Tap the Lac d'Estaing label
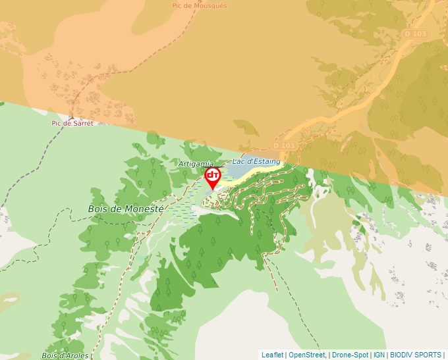256,161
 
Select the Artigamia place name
196,163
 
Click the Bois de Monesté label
126,209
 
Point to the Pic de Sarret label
72,123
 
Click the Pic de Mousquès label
199,5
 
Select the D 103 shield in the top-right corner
416,34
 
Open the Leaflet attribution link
272,355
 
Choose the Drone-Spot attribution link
350,355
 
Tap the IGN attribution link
379,355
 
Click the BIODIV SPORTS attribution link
416,355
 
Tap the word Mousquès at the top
212,5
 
